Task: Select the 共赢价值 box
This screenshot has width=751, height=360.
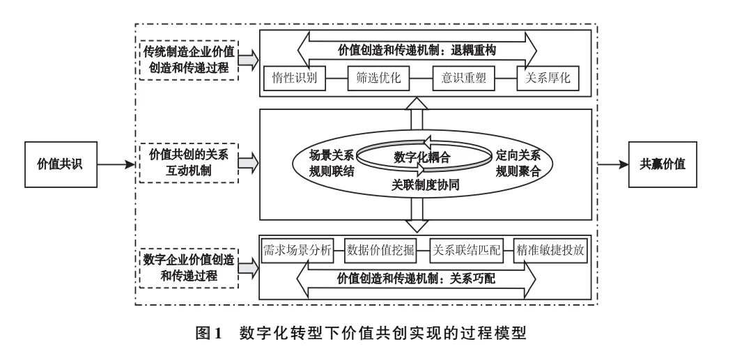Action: click(663, 165)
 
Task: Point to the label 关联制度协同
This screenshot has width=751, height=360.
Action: click(419, 186)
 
